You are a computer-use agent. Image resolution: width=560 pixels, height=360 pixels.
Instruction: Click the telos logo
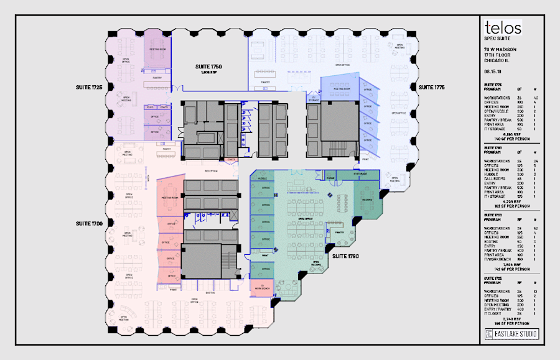coord(503,28)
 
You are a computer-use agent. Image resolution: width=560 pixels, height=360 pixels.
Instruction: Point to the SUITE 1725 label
coord(89,86)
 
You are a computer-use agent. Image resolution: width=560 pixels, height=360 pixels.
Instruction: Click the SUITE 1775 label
coord(431,86)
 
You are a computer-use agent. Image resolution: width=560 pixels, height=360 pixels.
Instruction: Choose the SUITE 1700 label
coord(89,223)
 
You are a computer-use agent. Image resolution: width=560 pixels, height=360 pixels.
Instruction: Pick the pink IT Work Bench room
coord(261,286)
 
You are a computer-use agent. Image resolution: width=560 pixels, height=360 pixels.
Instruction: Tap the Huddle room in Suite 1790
coord(263,178)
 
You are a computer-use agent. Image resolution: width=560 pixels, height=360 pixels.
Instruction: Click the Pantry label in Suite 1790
coord(340,233)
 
